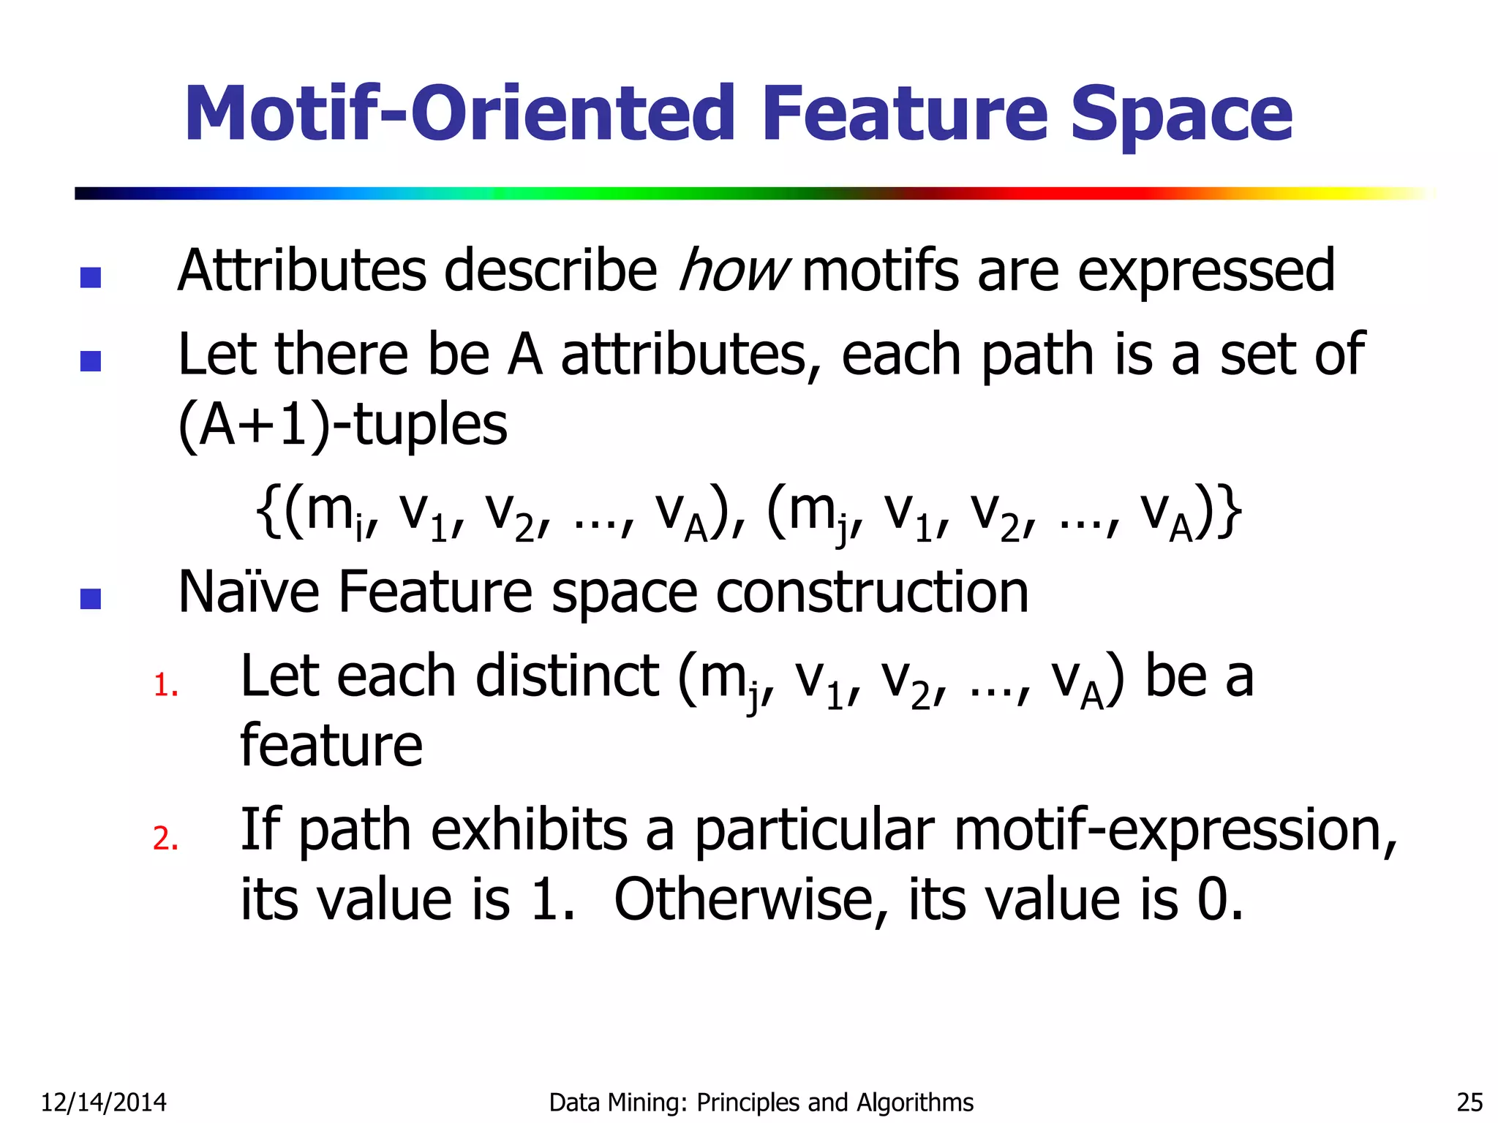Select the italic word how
click(733, 271)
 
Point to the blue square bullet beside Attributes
click(91, 277)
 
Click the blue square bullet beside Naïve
click(91, 599)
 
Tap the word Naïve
click(249, 591)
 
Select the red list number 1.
click(165, 686)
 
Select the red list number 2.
click(165, 838)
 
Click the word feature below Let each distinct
click(331, 746)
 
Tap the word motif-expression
click(1175, 831)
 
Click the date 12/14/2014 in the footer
click(103, 1102)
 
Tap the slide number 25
click(1469, 1102)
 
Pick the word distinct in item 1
click(567, 676)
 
